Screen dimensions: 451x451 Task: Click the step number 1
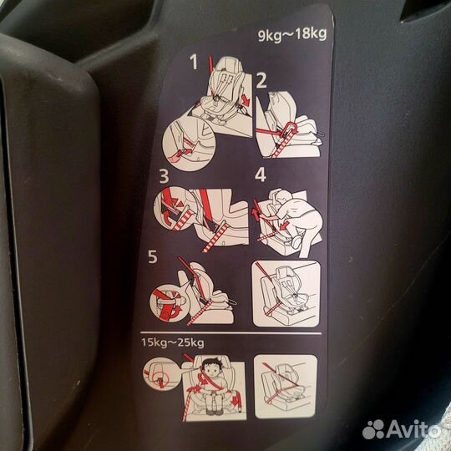(x=195, y=61)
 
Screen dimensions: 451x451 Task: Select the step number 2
(x=261, y=81)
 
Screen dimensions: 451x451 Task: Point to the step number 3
(x=164, y=177)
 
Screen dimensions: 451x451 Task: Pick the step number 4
(x=260, y=176)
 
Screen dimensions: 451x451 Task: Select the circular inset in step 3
(x=175, y=209)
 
